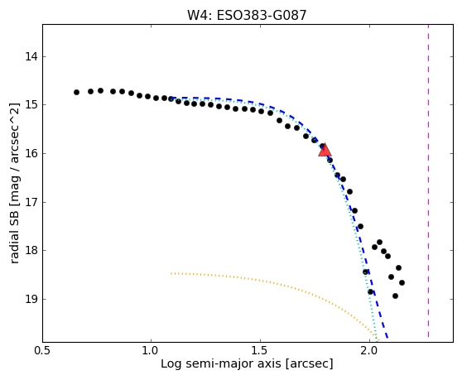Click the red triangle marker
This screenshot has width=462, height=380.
(x=325, y=150)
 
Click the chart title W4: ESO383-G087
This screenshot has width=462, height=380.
(x=247, y=16)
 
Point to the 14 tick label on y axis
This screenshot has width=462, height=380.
(x=31, y=56)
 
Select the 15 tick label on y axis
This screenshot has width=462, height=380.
(x=31, y=105)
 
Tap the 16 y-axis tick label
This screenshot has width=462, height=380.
(x=31, y=153)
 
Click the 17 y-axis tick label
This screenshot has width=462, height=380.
(x=31, y=202)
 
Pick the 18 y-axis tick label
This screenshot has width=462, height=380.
(x=31, y=251)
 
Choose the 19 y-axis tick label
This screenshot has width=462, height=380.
(x=31, y=300)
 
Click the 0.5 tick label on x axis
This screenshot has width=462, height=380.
(x=43, y=351)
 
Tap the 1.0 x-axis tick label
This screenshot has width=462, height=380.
(x=151, y=351)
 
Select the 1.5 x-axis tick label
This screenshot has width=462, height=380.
(x=260, y=351)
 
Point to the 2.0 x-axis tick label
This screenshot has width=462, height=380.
(x=369, y=351)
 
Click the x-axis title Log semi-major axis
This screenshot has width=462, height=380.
(x=221, y=364)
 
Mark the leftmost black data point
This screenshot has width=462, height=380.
(x=77, y=92)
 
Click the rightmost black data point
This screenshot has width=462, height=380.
(x=402, y=283)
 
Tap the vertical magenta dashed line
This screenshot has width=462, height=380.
(x=428, y=181)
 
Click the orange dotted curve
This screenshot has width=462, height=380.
(x=283, y=285)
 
